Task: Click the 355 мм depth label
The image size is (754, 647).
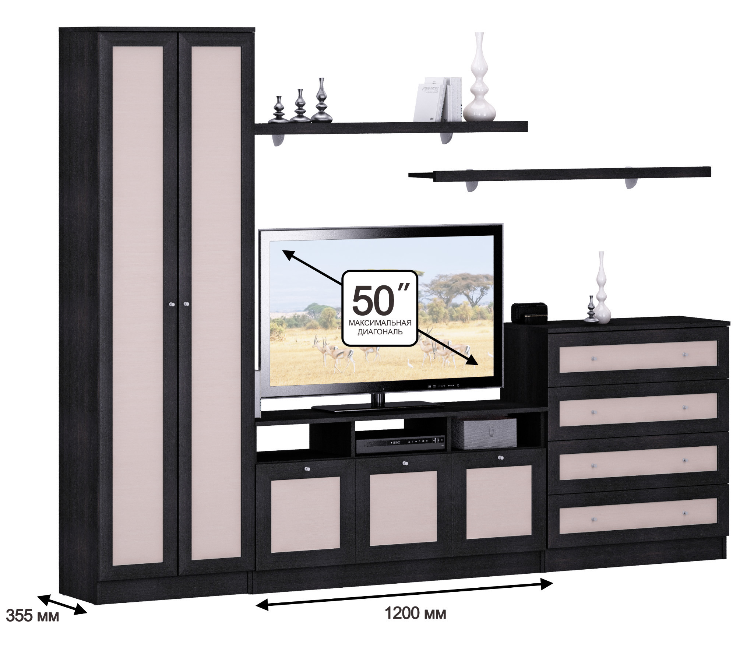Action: click(x=33, y=626)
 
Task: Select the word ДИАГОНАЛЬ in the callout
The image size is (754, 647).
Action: click(x=380, y=332)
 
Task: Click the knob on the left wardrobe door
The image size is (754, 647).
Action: click(x=170, y=304)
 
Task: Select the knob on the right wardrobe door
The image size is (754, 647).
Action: click(x=186, y=304)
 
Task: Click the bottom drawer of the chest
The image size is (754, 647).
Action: click(x=638, y=514)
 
